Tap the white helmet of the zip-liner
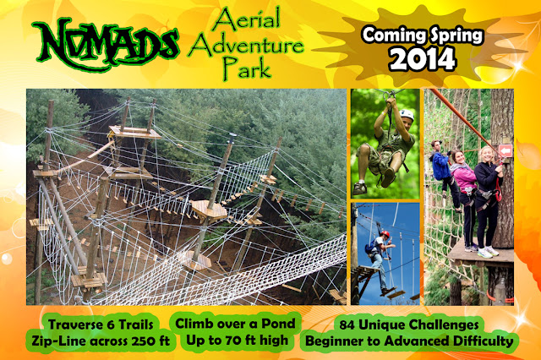pos(407,114)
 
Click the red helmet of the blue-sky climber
pos(385,233)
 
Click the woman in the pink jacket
pos(464,182)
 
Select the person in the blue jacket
pos(440,165)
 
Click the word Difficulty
pos(481,341)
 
